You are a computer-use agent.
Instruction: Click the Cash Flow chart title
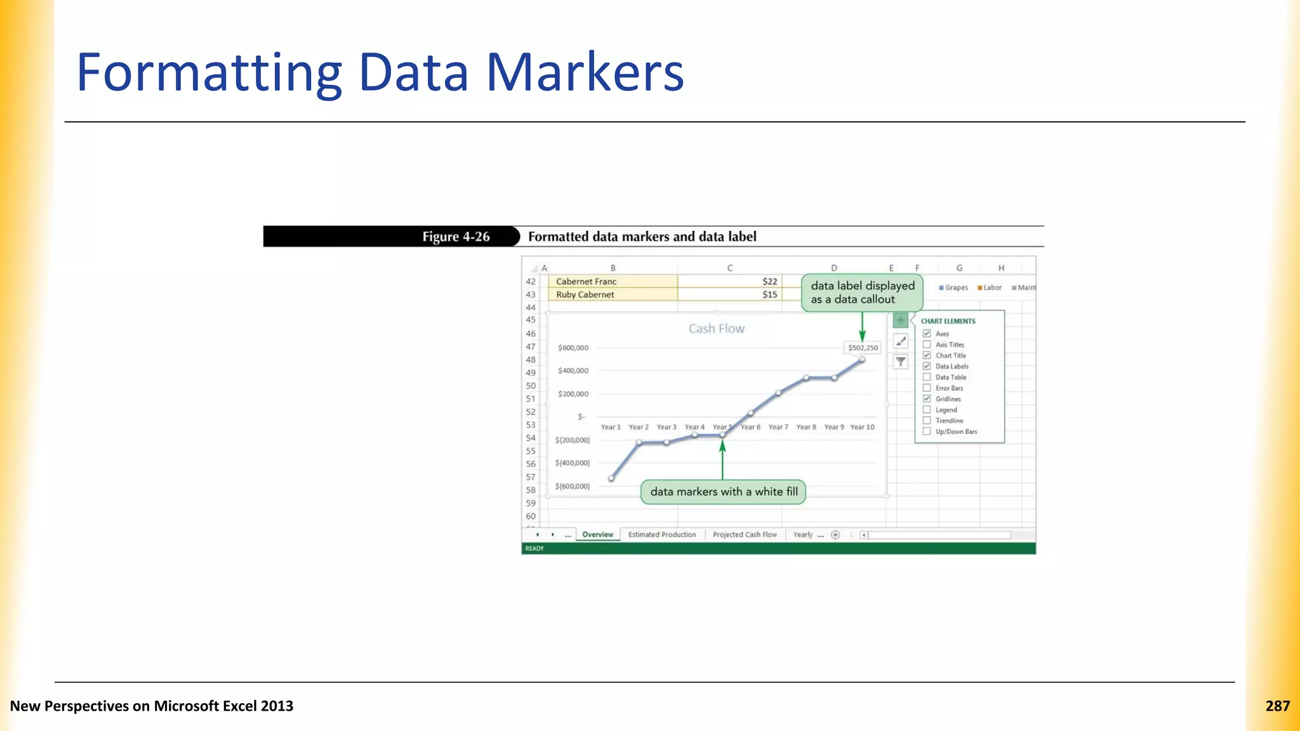coord(716,329)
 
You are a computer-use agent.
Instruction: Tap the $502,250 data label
coord(863,348)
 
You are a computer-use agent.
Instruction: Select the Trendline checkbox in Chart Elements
coord(927,421)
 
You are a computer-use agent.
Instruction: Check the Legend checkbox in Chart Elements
coord(927,410)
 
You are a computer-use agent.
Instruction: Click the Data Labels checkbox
coord(927,366)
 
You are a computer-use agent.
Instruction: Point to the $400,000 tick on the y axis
coord(573,371)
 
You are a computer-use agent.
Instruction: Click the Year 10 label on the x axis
coord(862,427)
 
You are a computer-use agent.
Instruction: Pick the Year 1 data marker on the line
coord(611,478)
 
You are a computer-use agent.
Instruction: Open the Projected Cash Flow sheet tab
coord(744,535)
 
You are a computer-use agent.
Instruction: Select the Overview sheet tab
coord(597,535)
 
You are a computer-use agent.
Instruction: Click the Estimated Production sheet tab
coord(661,535)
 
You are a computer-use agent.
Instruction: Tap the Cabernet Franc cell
coord(613,282)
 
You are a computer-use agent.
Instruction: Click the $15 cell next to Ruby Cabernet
coord(730,294)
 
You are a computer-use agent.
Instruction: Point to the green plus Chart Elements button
coord(900,320)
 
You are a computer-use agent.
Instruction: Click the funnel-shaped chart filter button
coord(900,362)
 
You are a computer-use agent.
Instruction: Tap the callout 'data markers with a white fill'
coord(724,492)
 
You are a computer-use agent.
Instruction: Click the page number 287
coord(1277,706)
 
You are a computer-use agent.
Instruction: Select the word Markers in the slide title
coord(585,72)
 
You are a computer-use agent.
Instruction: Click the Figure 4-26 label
coord(456,237)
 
